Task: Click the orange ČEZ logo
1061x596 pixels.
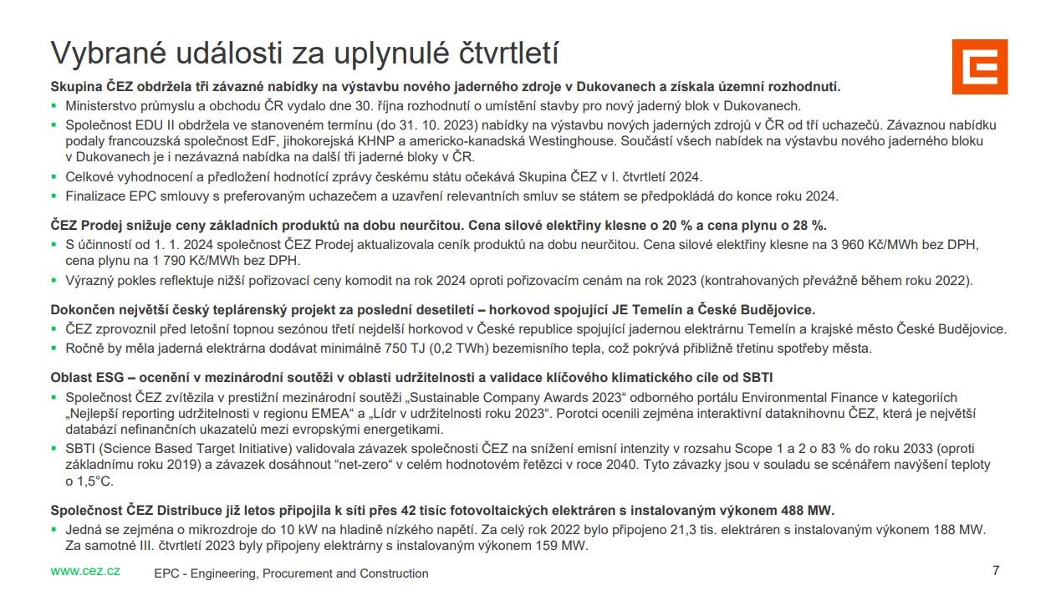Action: pyautogui.click(x=979, y=66)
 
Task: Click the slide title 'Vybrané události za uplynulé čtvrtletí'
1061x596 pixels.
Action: pyautogui.click(x=304, y=52)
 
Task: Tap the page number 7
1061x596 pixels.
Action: pyautogui.click(x=995, y=571)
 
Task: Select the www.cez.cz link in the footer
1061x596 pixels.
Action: pyautogui.click(x=85, y=571)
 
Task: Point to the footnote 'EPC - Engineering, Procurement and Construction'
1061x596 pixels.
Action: pyautogui.click(x=291, y=573)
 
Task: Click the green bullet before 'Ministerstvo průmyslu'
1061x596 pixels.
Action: pyautogui.click(x=54, y=106)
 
